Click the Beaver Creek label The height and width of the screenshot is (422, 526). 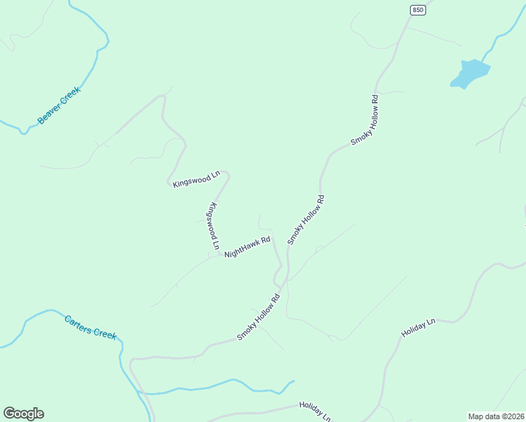[x=60, y=105]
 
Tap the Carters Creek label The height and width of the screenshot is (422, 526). [x=90, y=327]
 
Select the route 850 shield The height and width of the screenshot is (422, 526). [x=419, y=9]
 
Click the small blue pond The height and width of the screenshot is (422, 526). [x=469, y=73]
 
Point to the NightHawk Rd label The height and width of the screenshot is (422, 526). [x=248, y=247]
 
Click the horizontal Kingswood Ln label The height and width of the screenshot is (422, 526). [x=196, y=180]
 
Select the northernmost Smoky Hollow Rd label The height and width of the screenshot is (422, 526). [x=365, y=120]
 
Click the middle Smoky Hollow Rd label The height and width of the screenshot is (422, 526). [x=306, y=220]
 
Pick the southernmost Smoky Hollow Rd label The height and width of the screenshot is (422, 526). [x=259, y=317]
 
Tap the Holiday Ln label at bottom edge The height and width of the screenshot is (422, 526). [x=314, y=411]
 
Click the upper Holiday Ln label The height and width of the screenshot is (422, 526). [x=418, y=328]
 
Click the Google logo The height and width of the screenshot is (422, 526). [x=23, y=414]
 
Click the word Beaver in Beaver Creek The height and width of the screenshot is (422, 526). [x=51, y=113]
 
